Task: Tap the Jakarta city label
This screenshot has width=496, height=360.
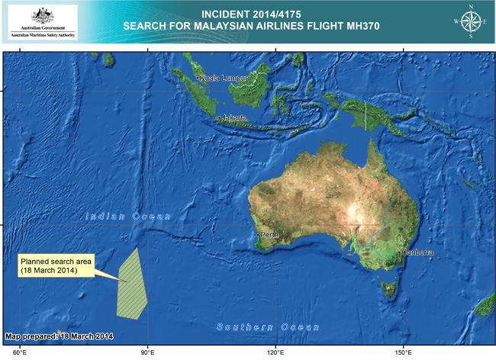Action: pos(234,118)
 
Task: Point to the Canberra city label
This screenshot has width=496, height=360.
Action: pos(418,252)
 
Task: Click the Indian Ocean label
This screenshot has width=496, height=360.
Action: pos(128,217)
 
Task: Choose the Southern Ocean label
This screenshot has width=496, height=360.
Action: pos(268,327)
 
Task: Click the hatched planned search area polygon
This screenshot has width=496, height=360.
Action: pos(132,284)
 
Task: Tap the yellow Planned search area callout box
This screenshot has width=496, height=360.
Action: pos(56,265)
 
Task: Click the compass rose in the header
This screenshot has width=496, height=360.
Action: pos(472,22)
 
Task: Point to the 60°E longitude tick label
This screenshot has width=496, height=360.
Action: pos(20,352)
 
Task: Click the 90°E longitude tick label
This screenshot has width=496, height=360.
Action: pos(148,352)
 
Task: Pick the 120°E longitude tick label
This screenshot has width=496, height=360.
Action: pos(276,352)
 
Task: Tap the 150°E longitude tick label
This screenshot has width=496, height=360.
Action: pos(404,352)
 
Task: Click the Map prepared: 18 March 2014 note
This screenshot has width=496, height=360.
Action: pos(60,336)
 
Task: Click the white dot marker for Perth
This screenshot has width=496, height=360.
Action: pos(259,234)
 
